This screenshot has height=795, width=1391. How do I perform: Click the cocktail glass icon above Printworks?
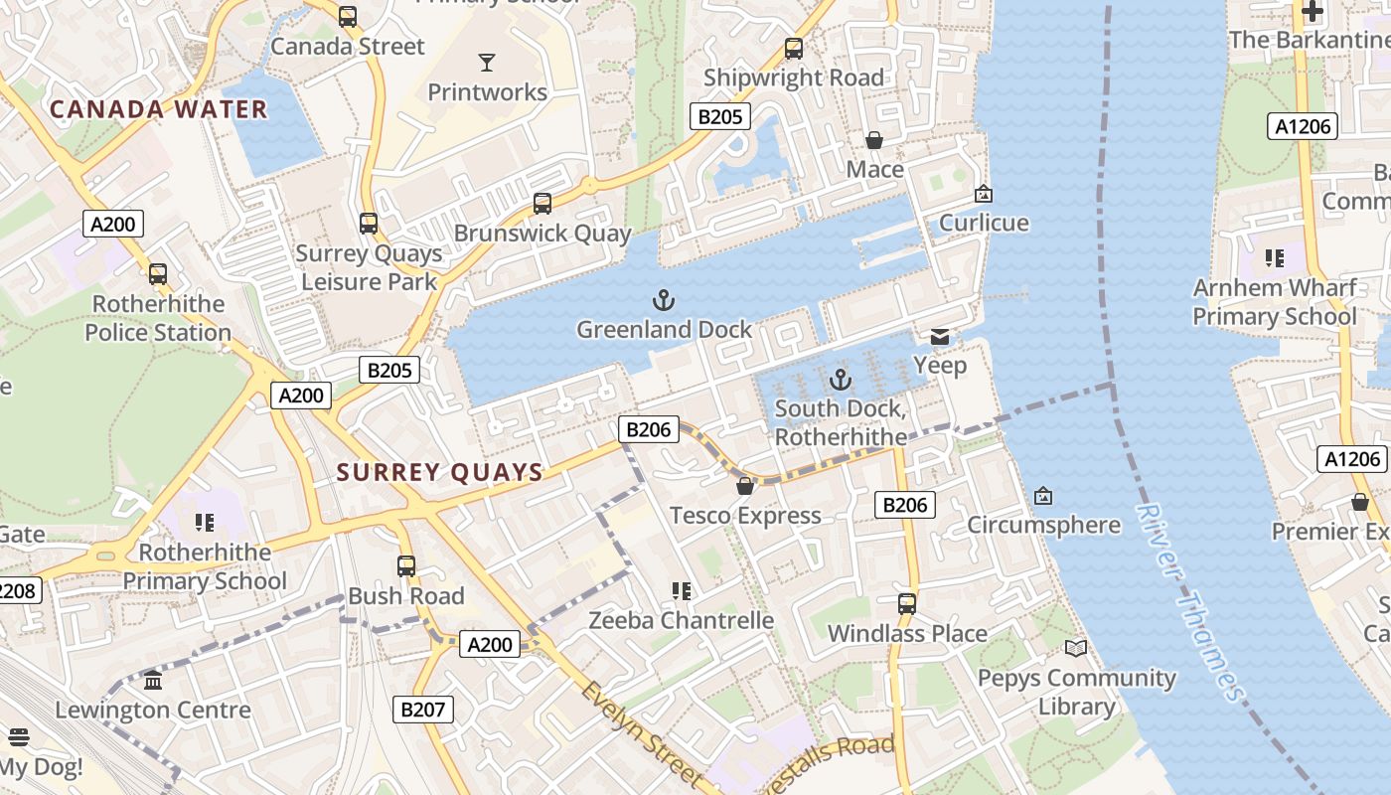486,63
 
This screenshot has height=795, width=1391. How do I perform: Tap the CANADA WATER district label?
159,109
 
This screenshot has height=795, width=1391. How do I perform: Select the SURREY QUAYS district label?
440,472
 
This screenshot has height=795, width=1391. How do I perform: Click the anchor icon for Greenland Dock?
664,299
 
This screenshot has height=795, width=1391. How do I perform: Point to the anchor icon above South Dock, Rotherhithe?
841,379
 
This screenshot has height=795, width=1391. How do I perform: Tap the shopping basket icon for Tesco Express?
744,486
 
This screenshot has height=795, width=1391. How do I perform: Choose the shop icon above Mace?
874,140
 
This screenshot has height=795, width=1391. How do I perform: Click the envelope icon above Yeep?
940,336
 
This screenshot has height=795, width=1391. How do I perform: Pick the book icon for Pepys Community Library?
1076,648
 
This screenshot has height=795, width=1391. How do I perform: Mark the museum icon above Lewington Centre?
153,681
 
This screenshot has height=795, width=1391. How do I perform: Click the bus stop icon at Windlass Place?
906,603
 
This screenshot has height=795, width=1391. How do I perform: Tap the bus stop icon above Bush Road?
405,566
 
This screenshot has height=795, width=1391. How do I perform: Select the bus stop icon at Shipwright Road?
793,48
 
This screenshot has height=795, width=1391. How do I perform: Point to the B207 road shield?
424,709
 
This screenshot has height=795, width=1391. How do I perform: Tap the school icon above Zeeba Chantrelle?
681,591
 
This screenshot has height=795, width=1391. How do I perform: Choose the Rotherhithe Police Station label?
158,318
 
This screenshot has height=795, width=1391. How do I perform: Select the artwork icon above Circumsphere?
1043,495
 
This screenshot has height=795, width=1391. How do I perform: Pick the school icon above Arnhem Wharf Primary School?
1275,258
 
